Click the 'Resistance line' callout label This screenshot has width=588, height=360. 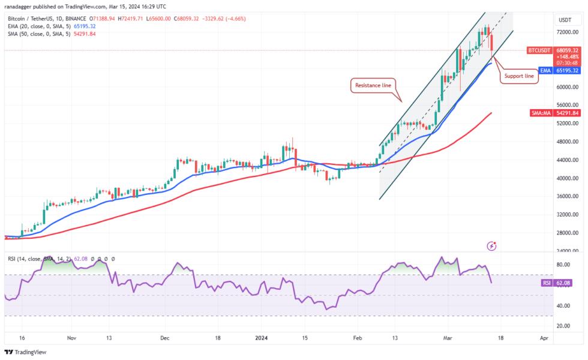coord(373,86)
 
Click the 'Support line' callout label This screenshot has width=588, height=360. coord(518,76)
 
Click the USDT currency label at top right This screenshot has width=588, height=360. coord(565,20)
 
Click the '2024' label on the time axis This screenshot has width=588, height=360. coord(262,338)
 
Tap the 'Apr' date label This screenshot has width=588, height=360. coord(544,338)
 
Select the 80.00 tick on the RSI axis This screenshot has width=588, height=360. coord(563,264)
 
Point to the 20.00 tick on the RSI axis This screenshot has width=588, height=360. coord(563,326)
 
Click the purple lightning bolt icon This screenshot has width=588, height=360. coord(492,245)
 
